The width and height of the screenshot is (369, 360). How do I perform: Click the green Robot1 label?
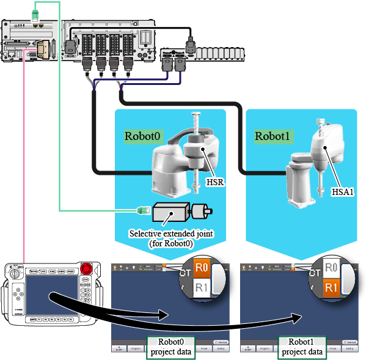(x=272, y=135)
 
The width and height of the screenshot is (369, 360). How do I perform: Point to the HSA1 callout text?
(x=343, y=191)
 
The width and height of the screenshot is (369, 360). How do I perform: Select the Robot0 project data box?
(x=171, y=347)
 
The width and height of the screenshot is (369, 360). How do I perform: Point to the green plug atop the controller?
(x=37, y=12)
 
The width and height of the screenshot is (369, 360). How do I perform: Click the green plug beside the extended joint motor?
(x=142, y=211)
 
